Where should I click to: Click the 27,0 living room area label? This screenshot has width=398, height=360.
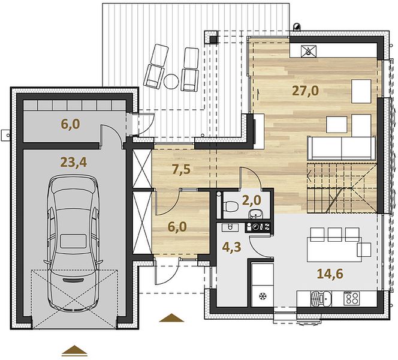305,91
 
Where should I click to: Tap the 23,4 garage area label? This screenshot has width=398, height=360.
74,163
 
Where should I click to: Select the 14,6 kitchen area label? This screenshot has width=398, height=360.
330,274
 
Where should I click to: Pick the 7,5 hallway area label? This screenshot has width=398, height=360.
181,170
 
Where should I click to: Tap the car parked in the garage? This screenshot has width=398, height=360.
73,242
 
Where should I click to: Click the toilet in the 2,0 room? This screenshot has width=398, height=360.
230,206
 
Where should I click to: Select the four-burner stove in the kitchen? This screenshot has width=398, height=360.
352,298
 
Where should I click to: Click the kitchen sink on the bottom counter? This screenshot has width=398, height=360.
321,298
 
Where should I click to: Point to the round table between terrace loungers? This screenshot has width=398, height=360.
171,81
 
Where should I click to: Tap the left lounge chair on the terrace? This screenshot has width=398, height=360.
155,67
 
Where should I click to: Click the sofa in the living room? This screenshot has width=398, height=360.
342,148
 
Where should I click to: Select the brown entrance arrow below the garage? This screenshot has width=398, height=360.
74,350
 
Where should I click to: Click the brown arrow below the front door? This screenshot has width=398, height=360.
171,317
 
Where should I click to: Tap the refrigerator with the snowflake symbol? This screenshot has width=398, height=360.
262,285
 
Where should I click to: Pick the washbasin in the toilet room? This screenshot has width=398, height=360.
256,214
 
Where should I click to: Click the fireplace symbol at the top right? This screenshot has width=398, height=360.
309,52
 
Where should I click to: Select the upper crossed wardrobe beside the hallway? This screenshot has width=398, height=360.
142,169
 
